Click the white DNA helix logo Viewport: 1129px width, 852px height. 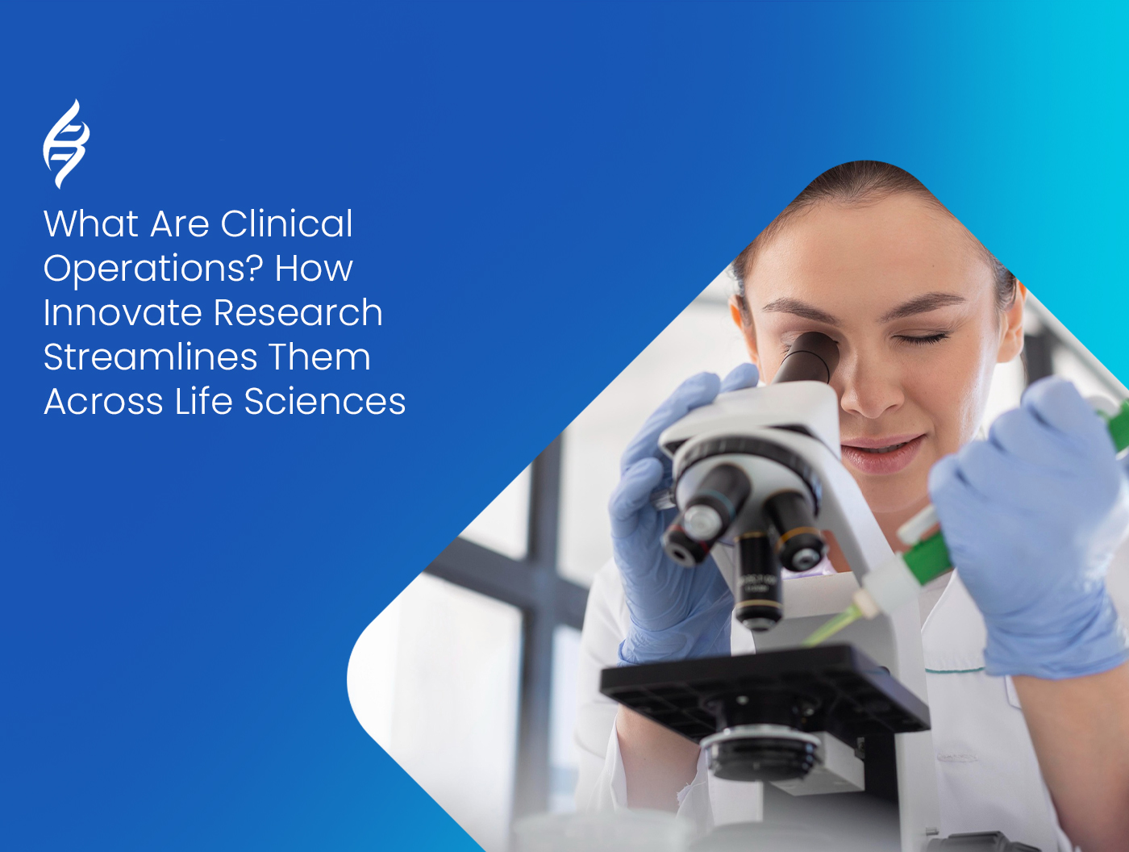click(65, 144)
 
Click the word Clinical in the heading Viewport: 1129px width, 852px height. click(286, 224)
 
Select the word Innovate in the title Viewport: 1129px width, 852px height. click(123, 313)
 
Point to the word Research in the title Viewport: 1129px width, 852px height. click(298, 313)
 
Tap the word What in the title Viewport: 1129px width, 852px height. click(91, 224)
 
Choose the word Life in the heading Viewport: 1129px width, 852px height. click(203, 402)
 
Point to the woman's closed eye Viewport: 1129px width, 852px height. click(921, 338)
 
